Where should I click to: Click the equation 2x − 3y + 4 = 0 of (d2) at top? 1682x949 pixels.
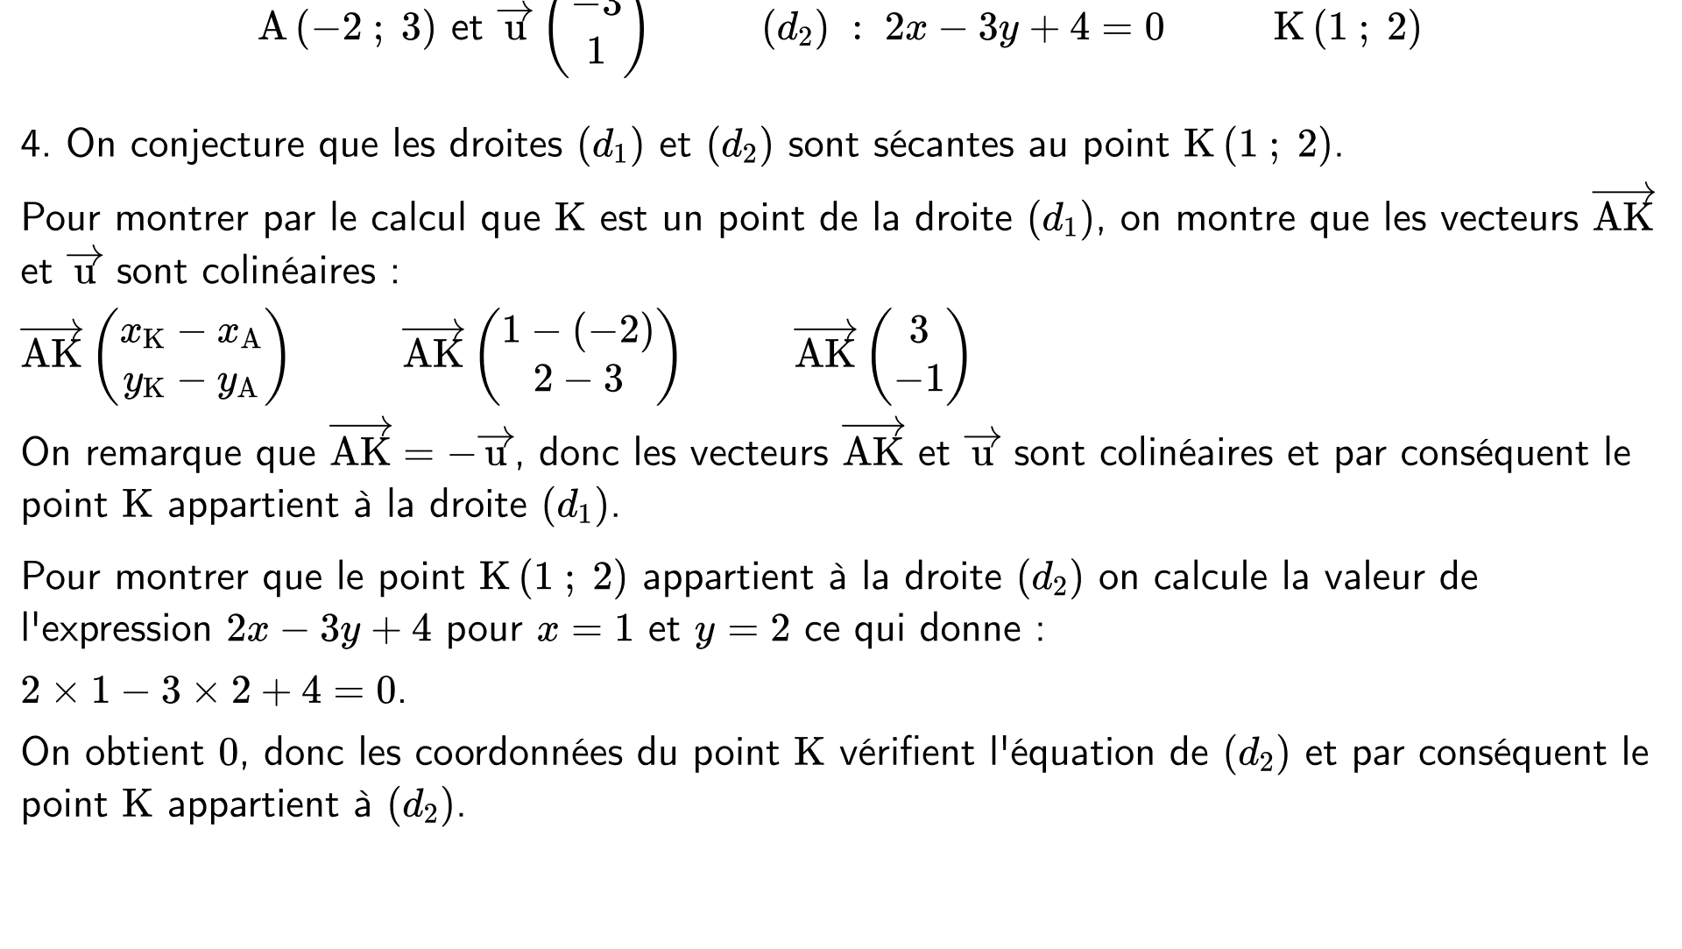point(1024,28)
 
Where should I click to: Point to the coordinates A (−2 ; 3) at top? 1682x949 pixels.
point(346,28)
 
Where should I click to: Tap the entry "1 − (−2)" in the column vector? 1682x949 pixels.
point(577,329)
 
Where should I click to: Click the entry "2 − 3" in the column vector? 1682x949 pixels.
point(577,379)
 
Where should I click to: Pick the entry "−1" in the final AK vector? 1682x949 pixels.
point(918,379)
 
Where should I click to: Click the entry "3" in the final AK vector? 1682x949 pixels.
point(918,329)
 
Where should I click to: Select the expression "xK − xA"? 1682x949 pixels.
point(190,333)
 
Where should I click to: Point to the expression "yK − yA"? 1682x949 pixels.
point(190,384)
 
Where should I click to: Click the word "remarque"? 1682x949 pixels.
point(201,454)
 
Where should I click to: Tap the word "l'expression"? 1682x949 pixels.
point(116,630)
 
